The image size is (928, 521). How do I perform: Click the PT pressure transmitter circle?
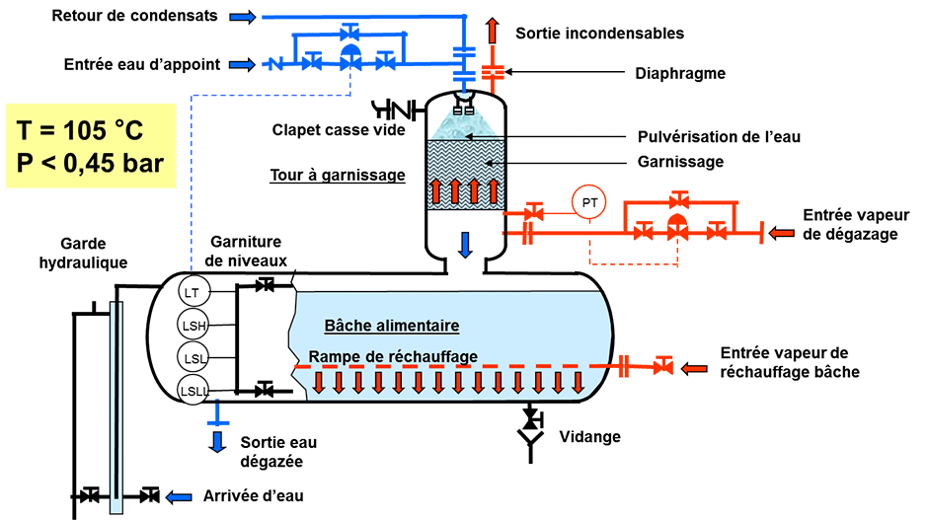tap(589, 203)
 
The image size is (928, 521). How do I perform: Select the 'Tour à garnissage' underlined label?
tap(338, 176)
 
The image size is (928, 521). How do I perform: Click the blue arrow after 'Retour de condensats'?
tap(245, 17)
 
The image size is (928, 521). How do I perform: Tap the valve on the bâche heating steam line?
tap(663, 367)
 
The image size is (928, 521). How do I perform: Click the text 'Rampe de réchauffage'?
tap(393, 356)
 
